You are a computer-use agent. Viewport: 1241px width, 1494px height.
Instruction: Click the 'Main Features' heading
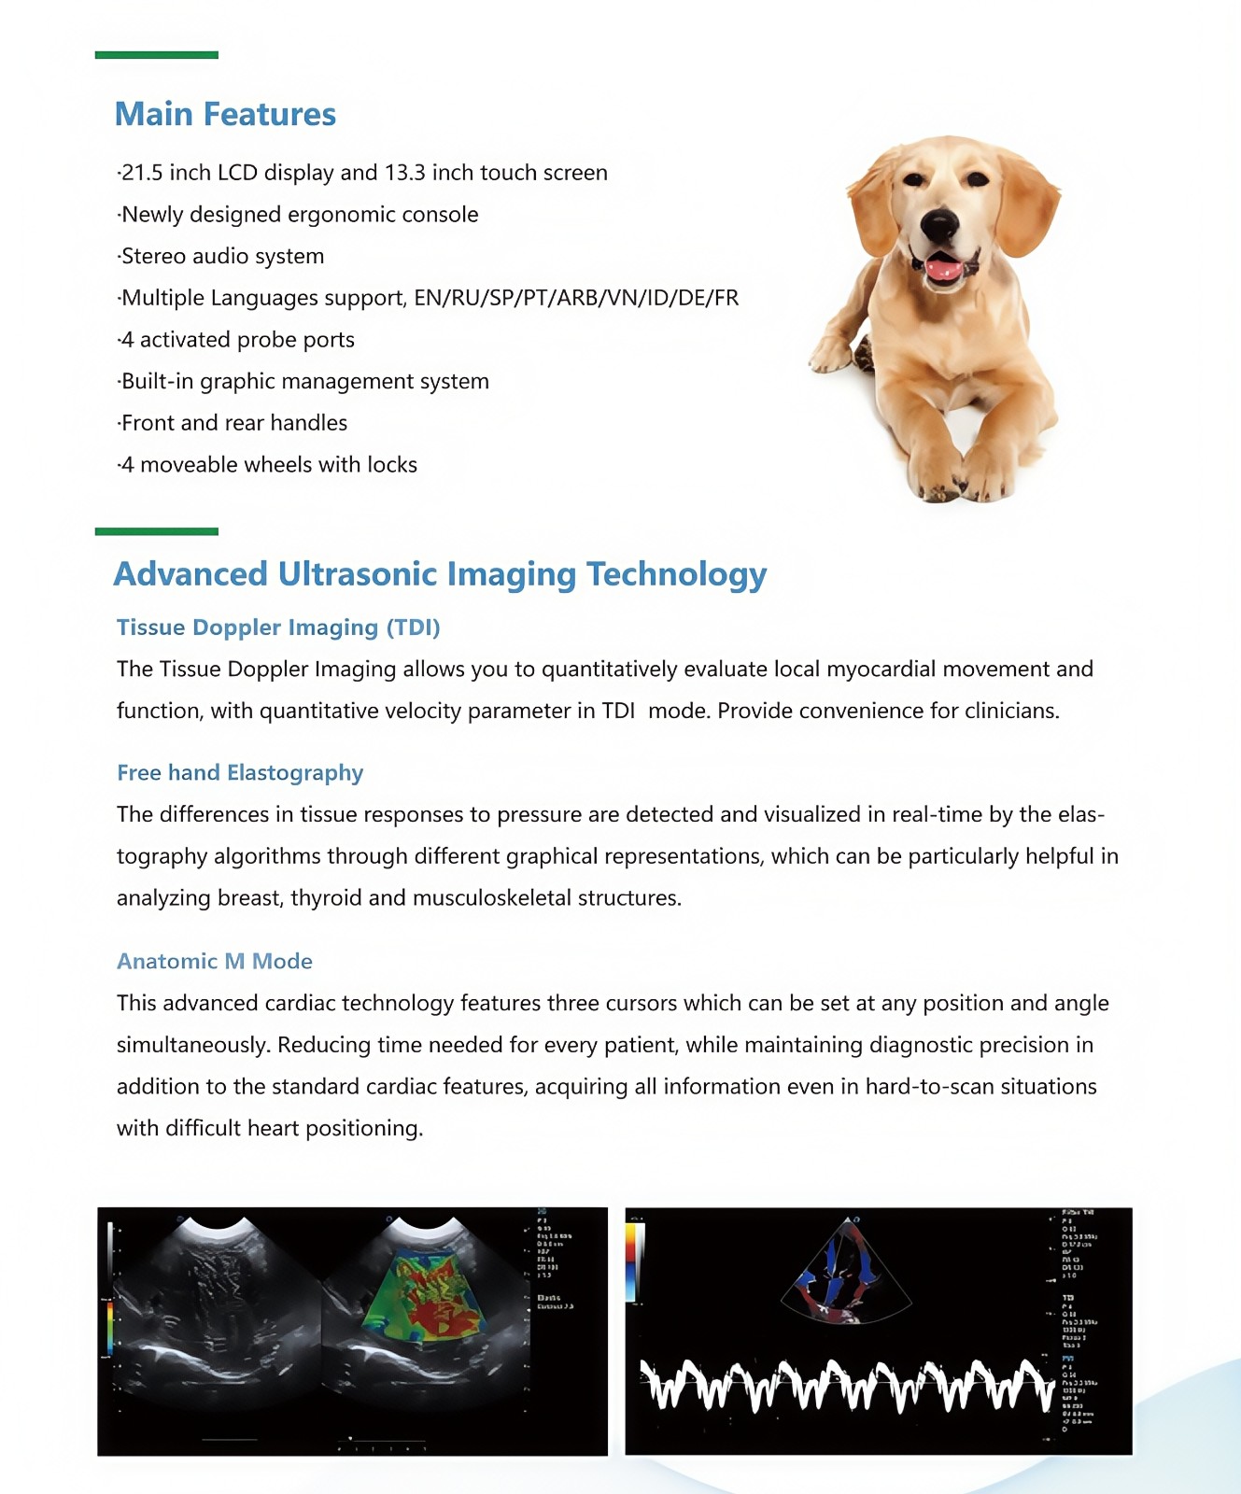click(225, 114)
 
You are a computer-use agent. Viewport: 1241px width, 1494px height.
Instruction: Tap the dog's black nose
click(938, 224)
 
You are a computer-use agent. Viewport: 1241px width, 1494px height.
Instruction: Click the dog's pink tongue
click(942, 271)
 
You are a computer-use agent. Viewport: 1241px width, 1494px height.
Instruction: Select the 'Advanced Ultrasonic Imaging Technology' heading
click(440, 573)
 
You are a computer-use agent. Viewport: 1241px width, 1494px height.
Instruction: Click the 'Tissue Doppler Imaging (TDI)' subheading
click(278, 627)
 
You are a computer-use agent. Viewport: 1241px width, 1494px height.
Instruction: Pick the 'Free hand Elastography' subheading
click(240, 773)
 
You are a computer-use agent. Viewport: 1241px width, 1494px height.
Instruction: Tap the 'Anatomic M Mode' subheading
click(215, 961)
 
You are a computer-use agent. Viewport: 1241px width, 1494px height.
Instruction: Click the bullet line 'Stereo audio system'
click(222, 256)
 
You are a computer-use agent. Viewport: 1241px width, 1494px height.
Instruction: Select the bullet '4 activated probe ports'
click(237, 340)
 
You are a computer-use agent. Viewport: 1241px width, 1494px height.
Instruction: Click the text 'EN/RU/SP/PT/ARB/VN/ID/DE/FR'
click(576, 298)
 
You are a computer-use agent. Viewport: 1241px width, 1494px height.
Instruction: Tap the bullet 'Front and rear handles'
click(233, 423)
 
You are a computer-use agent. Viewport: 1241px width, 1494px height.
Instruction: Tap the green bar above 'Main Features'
click(157, 55)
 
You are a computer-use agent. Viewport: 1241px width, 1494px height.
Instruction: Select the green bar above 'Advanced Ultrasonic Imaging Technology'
click(157, 531)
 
